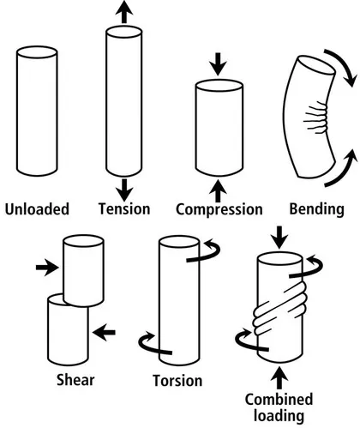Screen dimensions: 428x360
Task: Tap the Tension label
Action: point(124,208)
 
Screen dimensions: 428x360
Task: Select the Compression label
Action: point(219,209)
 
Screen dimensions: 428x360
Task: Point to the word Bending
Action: point(316,208)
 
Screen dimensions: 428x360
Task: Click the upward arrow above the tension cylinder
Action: point(125,12)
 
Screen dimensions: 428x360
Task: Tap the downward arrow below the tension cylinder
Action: point(125,188)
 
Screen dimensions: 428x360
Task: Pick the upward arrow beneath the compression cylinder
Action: point(219,187)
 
